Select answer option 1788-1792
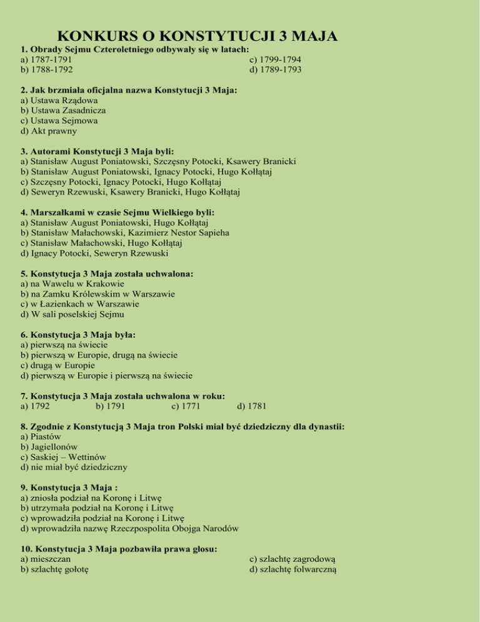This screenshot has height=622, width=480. coord(49,70)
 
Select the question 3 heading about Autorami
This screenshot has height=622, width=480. coord(97,151)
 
